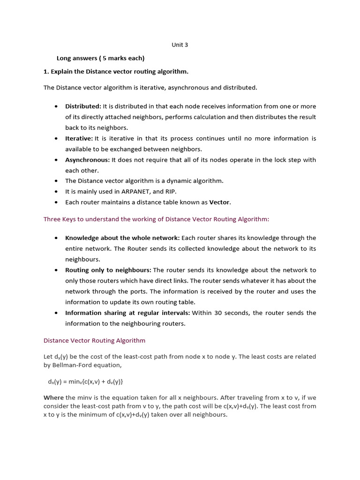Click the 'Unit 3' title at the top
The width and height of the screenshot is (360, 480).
(180, 45)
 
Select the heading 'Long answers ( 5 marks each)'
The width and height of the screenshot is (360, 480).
(100, 58)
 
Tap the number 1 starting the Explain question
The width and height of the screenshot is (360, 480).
(45, 71)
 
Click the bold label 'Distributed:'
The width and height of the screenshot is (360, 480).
(83, 106)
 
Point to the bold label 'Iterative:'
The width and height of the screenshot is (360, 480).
(79, 138)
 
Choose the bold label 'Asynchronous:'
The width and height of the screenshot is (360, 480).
(87, 160)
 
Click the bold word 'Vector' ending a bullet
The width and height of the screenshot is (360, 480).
(219, 202)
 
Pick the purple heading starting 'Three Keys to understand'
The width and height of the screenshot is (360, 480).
(156, 219)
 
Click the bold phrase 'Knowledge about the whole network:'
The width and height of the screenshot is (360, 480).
(122, 238)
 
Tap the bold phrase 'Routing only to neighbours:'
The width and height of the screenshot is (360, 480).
(108, 270)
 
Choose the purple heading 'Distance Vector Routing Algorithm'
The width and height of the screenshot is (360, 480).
(94, 340)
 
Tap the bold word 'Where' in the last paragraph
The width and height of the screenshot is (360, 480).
(53, 397)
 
